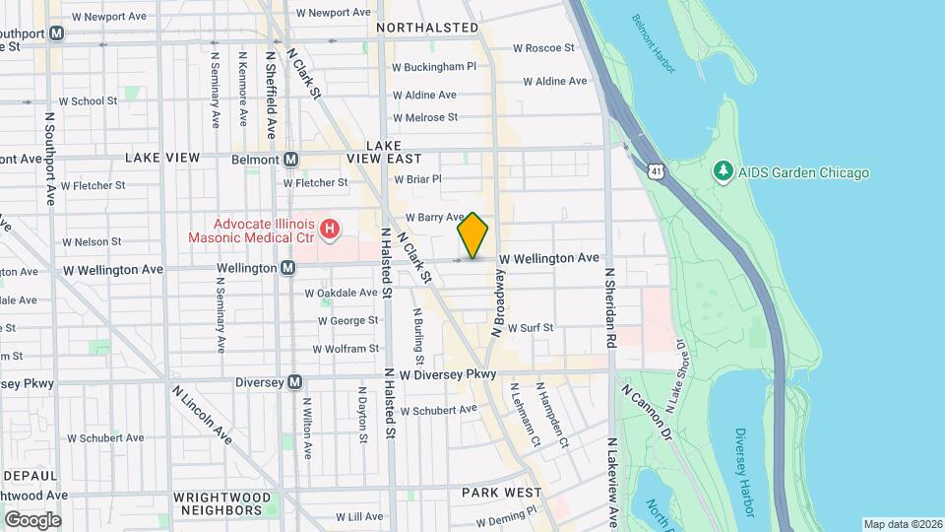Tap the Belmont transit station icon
point(291,160)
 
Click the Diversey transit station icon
point(294,383)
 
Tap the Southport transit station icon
point(57,33)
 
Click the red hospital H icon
point(331,232)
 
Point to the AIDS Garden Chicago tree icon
point(724,172)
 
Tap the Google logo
point(32,519)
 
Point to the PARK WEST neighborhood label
point(502,492)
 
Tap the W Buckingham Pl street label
point(433,67)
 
